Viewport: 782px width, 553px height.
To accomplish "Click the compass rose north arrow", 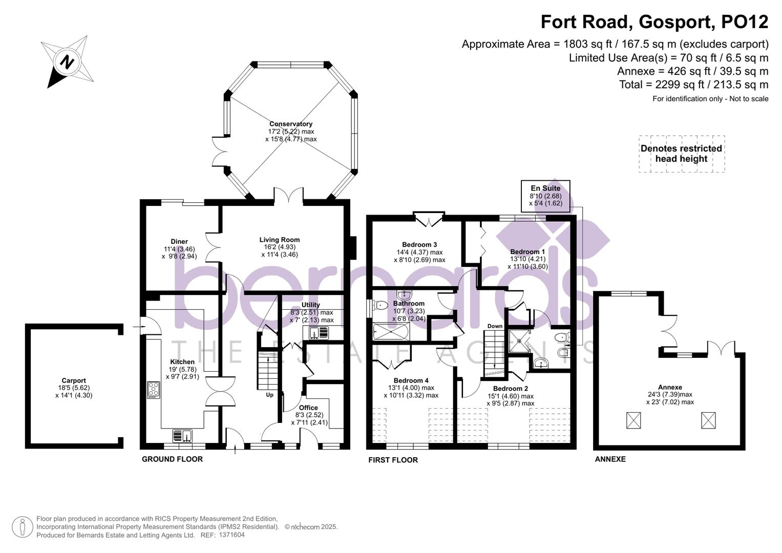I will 67,62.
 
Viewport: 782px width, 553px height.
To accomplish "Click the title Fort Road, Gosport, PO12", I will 654,22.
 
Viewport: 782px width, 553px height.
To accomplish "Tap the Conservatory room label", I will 291,124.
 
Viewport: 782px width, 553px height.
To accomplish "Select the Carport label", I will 74,380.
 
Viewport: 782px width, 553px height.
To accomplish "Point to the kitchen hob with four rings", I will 153,390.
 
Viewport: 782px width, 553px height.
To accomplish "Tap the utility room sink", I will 319,333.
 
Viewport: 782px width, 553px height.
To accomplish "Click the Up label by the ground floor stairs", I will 269,395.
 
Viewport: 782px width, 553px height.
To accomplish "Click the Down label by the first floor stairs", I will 495,326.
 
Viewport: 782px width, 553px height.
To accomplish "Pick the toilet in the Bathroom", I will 380,306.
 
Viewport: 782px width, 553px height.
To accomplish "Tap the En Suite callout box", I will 545,196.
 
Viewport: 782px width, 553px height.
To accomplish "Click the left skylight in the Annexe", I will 633,420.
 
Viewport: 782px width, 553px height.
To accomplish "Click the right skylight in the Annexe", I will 708,420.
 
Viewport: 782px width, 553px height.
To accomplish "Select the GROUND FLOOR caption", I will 172,459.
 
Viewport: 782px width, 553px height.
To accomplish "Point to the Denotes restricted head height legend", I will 681,154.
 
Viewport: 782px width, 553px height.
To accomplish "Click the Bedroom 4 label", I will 411,380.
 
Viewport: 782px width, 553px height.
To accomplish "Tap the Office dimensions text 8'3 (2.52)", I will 309,415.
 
